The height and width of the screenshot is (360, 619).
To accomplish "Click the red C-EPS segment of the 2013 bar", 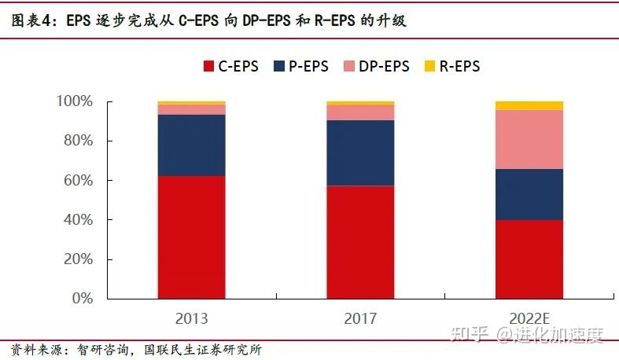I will pyautogui.click(x=191, y=237).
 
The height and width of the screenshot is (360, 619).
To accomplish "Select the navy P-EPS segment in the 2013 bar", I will pyautogui.click(x=191, y=145).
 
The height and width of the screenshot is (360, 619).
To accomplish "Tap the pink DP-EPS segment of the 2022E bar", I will pyautogui.click(x=529, y=139).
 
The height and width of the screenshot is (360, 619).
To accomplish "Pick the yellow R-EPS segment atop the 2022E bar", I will pyautogui.click(x=529, y=105).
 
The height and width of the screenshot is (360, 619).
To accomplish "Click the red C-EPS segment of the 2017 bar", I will pyautogui.click(x=360, y=242).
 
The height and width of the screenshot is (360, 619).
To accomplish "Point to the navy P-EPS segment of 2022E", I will pyautogui.click(x=529, y=194).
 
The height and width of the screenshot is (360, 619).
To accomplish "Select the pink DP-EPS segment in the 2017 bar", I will pyautogui.click(x=360, y=112).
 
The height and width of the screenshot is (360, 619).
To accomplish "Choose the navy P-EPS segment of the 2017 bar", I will pyautogui.click(x=360, y=152).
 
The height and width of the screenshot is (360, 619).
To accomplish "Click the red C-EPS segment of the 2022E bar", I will pyautogui.click(x=529, y=259).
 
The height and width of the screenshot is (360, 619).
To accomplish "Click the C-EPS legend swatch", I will pyautogui.click(x=208, y=66).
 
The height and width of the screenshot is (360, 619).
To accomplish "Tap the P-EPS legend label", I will pyautogui.click(x=308, y=66).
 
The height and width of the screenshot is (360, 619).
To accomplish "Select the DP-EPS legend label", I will pyautogui.click(x=384, y=66).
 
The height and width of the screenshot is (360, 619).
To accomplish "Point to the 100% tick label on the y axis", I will pyautogui.click(x=75, y=102).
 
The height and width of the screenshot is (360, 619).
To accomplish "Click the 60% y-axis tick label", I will pyautogui.click(x=78, y=181).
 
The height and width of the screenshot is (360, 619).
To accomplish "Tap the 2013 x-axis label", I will pyautogui.click(x=191, y=318).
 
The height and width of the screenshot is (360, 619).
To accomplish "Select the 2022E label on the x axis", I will pyautogui.click(x=529, y=318).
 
